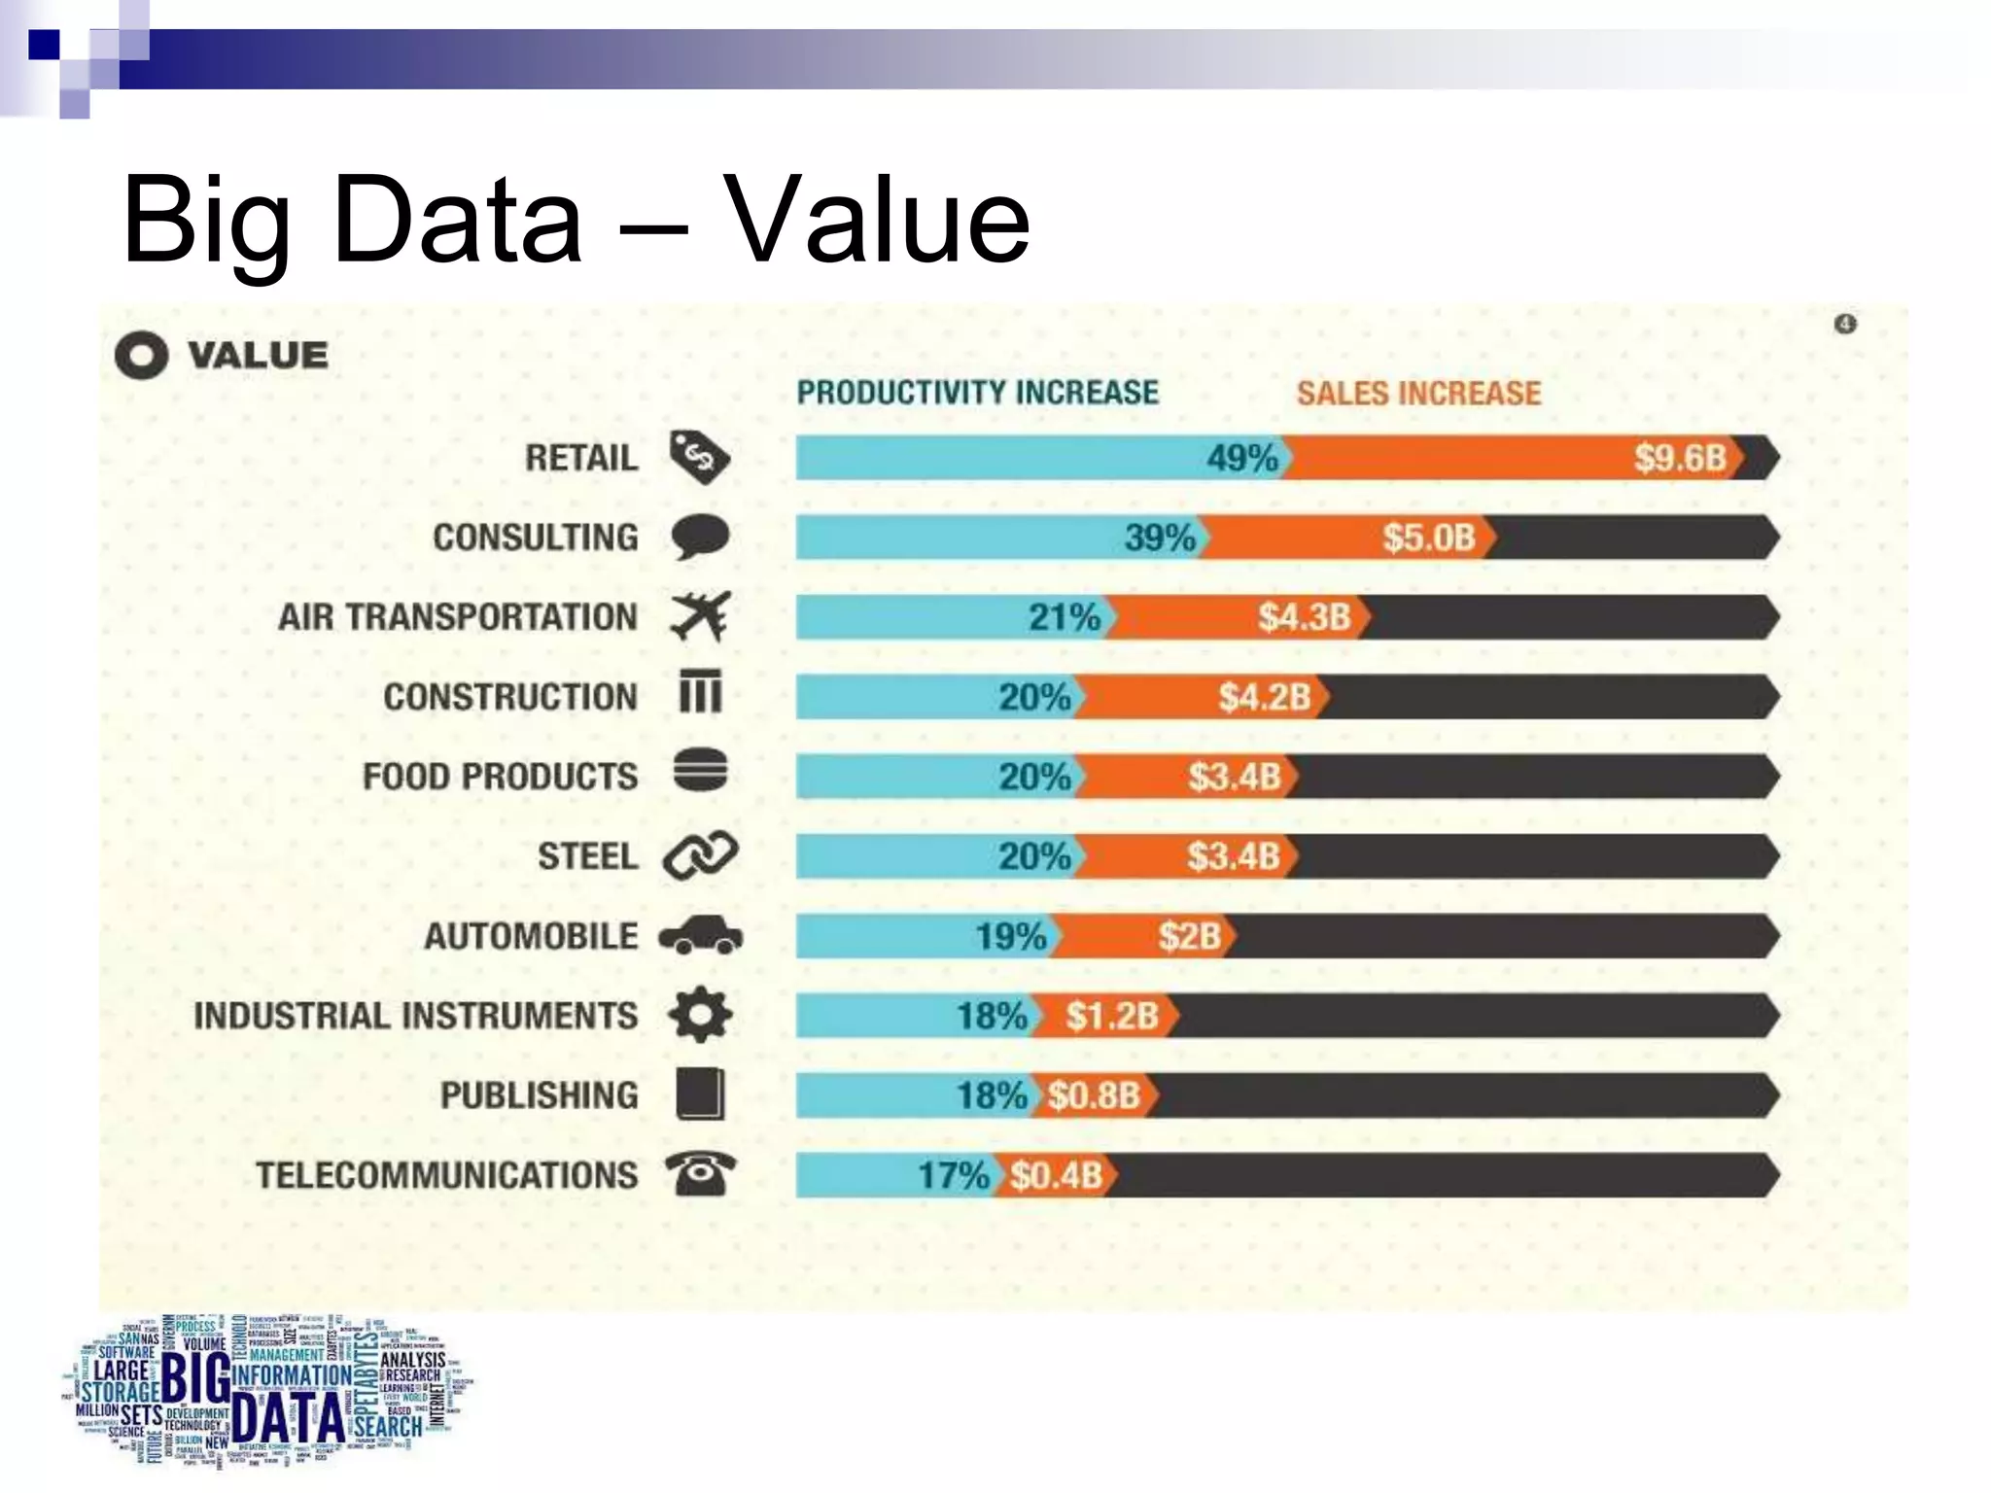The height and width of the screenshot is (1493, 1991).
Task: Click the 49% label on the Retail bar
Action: coord(1241,458)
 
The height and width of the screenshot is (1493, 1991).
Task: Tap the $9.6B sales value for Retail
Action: coord(1679,458)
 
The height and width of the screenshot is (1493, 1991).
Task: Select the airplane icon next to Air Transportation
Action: coord(700,616)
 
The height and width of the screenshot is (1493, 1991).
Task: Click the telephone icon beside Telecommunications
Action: coord(700,1173)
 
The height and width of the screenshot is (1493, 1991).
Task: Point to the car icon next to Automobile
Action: coord(700,936)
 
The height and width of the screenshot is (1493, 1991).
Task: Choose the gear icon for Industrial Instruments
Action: coord(700,1015)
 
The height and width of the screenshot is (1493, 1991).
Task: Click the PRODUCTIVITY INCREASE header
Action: coord(977,393)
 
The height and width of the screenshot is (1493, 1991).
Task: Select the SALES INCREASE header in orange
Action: coord(1418,394)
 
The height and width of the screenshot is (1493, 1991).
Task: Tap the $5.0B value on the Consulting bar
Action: coord(1429,538)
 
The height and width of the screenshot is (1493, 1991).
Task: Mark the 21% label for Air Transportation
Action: coord(1064,617)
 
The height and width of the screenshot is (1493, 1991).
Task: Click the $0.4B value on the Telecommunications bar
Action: coord(1055,1175)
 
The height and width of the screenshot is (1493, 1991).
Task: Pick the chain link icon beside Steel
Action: coord(700,856)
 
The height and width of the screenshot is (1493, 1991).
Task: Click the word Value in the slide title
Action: coord(877,221)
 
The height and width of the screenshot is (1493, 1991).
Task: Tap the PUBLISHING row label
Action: coord(539,1095)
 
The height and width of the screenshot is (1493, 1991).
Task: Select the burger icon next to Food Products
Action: coord(700,772)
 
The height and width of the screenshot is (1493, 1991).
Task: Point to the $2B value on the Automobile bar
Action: coord(1189,936)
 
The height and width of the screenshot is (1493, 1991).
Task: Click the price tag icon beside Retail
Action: coord(698,456)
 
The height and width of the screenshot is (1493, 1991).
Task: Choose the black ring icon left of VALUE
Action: coord(141,356)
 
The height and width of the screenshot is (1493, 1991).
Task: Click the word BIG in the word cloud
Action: coord(194,1377)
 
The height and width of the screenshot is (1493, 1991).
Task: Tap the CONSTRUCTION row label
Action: coord(509,697)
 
